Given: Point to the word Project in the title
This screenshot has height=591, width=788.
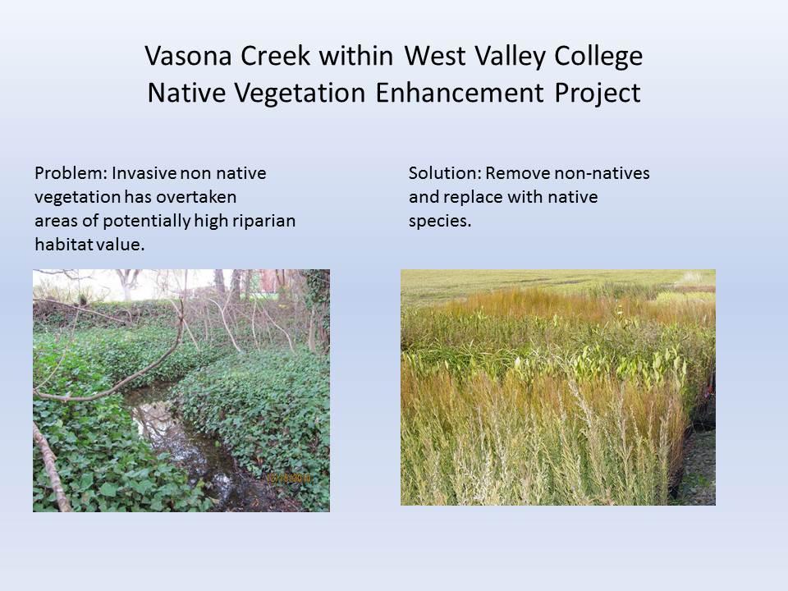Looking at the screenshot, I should (595, 93).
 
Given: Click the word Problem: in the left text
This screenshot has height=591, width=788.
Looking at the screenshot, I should (71, 174).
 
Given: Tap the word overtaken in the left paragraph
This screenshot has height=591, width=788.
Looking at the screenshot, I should (201, 198).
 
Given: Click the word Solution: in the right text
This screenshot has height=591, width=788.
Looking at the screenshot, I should (444, 174).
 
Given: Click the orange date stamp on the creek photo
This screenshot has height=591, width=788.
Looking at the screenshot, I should (288, 476).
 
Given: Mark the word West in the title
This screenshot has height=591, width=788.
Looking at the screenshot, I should (434, 57).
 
